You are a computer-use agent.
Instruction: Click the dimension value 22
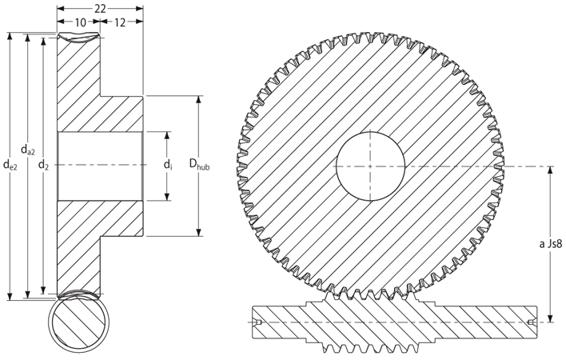100,9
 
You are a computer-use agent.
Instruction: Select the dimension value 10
81,22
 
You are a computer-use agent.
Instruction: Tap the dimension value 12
120,22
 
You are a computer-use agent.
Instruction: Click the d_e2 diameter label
10,165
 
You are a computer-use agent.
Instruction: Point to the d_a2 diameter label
28,149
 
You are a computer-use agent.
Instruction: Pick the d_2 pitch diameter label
43,165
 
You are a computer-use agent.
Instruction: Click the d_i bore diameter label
168,165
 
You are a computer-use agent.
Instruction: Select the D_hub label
199,164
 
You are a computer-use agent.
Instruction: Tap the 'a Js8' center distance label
551,244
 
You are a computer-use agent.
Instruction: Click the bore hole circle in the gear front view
370,132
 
